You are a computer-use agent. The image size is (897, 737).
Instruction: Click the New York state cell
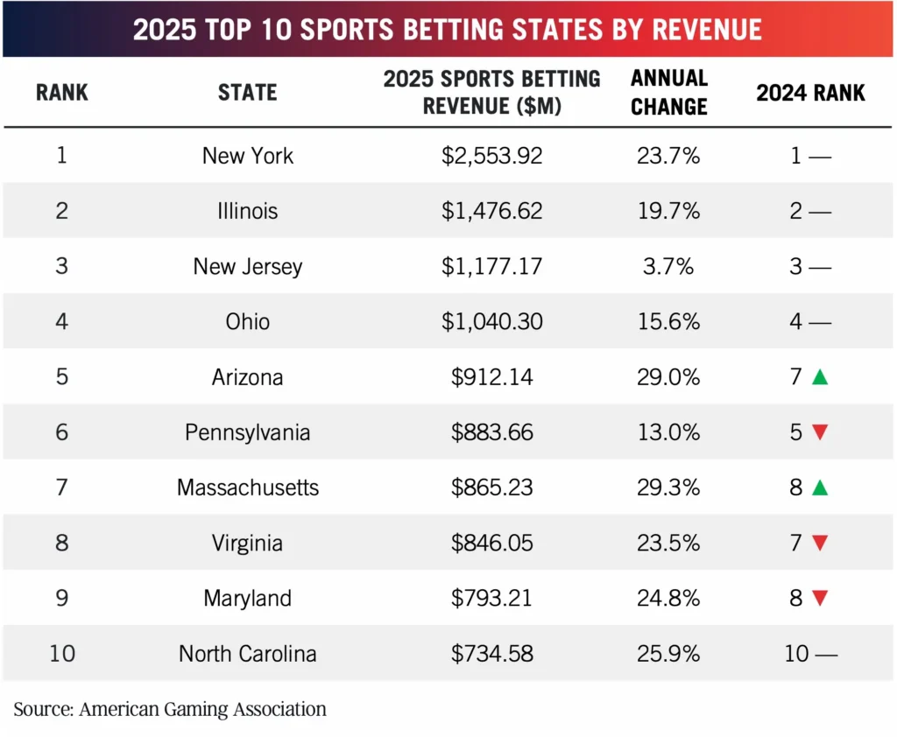click(248, 156)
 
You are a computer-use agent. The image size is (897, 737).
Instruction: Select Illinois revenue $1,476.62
click(491, 211)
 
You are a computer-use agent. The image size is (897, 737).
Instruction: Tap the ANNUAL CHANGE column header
click(668, 92)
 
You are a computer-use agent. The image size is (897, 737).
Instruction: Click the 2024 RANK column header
click(810, 92)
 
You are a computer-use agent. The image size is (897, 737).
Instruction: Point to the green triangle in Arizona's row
click(820, 377)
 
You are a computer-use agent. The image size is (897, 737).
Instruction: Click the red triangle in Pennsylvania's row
click(820, 432)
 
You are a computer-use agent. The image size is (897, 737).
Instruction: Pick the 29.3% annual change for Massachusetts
click(668, 488)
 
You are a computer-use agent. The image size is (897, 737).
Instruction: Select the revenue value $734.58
click(491, 653)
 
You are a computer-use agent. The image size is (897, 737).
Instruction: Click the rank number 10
click(62, 653)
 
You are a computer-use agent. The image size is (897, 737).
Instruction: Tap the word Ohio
click(248, 322)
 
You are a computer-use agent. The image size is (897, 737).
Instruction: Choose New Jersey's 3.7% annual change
click(668, 266)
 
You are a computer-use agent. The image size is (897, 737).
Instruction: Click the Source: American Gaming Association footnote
click(170, 709)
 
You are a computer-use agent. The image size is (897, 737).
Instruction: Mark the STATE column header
click(247, 92)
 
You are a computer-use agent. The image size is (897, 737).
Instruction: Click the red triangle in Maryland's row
click(820, 599)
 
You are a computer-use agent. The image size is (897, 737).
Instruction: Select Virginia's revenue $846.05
click(491, 543)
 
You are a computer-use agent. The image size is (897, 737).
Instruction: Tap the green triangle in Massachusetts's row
click(820, 488)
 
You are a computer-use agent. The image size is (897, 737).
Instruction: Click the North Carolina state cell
click(248, 653)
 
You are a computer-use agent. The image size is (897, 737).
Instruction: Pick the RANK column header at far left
click(62, 92)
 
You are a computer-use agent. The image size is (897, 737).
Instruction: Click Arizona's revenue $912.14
click(491, 377)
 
